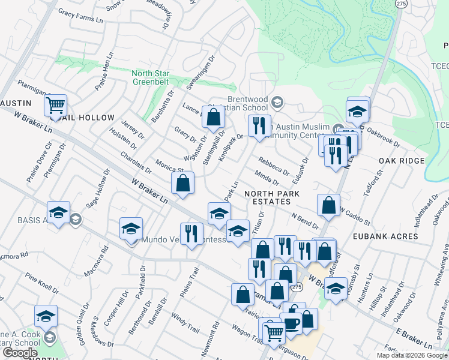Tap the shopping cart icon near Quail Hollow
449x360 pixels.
point(55,107)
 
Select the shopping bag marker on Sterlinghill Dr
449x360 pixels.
point(213,118)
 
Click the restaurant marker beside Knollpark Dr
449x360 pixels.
point(259,126)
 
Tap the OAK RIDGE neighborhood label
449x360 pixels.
point(402,161)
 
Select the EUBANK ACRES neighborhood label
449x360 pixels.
point(387,236)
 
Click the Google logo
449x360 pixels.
point(20,353)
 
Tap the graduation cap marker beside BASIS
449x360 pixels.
point(59,213)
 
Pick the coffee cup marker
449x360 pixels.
point(292,324)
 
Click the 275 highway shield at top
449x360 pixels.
point(400,3)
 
